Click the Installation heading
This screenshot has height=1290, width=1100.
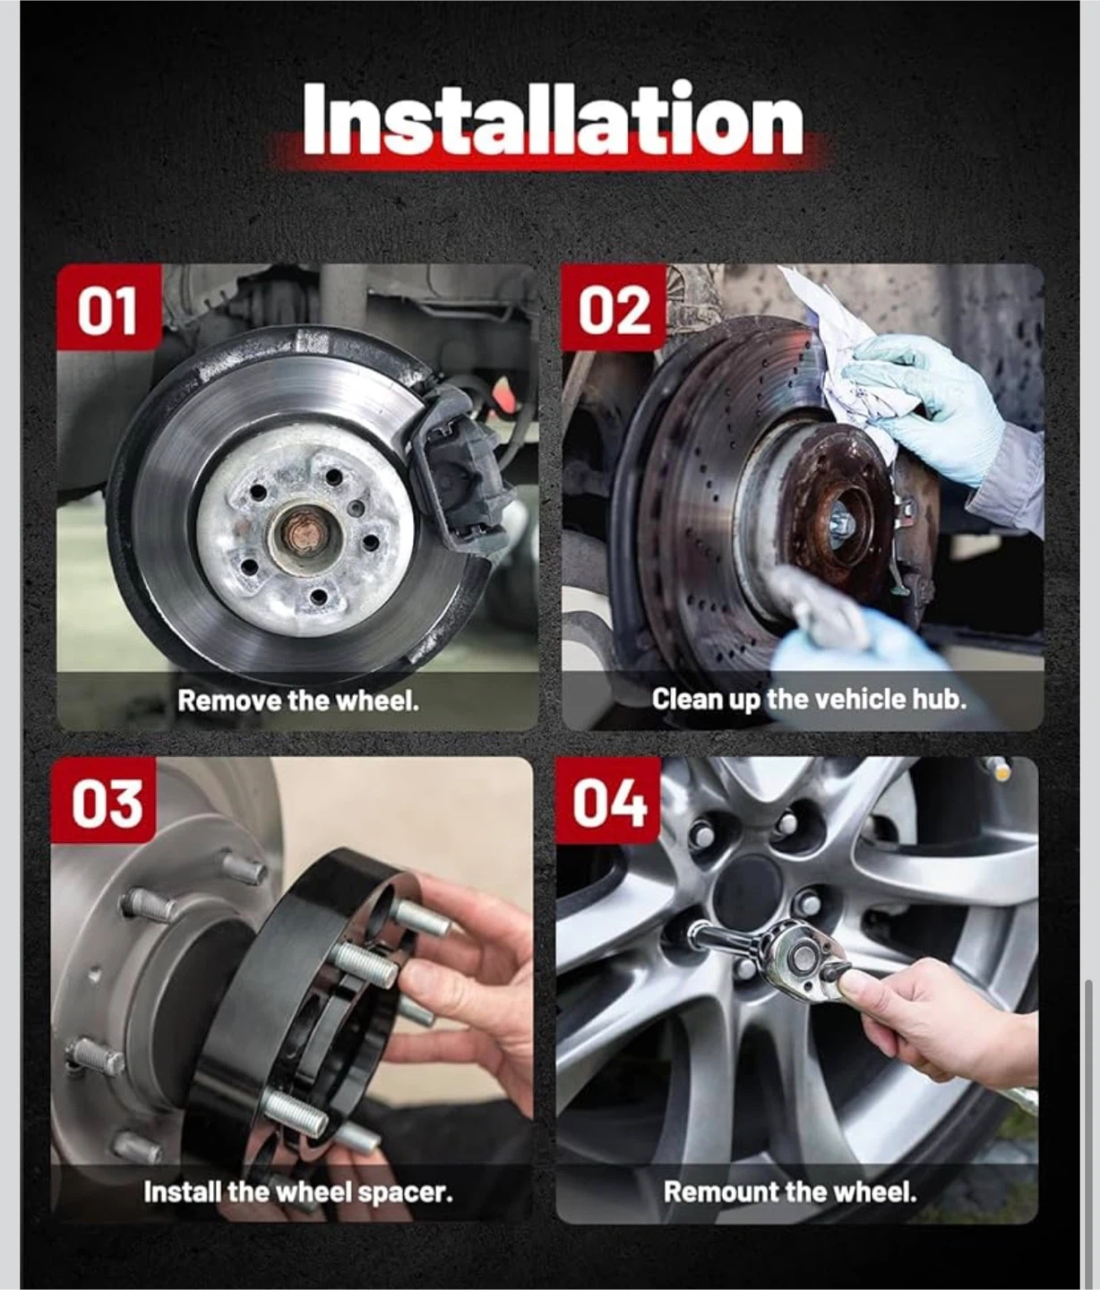[553, 119]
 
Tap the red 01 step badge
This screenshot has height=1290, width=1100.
[109, 306]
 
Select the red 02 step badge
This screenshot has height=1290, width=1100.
[614, 306]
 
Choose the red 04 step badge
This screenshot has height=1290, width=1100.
[608, 800]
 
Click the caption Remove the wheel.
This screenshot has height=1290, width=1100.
[298, 701]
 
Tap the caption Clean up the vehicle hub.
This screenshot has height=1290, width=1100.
[809, 700]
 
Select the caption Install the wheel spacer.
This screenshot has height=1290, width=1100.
[298, 1192]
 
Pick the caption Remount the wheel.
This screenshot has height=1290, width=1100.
[791, 1192]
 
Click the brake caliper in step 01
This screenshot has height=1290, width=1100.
[460, 465]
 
